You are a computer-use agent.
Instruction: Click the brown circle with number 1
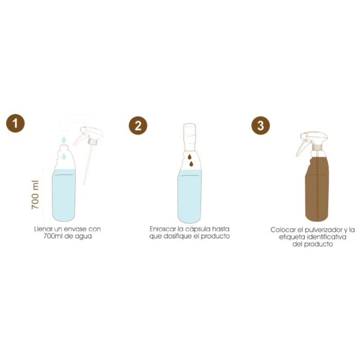(x=15, y=123)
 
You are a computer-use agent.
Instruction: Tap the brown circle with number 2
(x=138, y=125)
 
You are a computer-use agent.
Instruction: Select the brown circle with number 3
(x=261, y=125)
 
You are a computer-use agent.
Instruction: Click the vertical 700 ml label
(x=35, y=195)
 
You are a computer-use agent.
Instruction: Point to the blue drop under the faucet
(x=64, y=139)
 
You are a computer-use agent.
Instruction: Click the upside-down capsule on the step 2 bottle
(x=189, y=137)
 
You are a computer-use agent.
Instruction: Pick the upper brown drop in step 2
(x=189, y=157)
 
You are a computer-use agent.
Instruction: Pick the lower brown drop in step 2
(x=191, y=164)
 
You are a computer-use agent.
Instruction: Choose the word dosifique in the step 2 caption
(x=176, y=236)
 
